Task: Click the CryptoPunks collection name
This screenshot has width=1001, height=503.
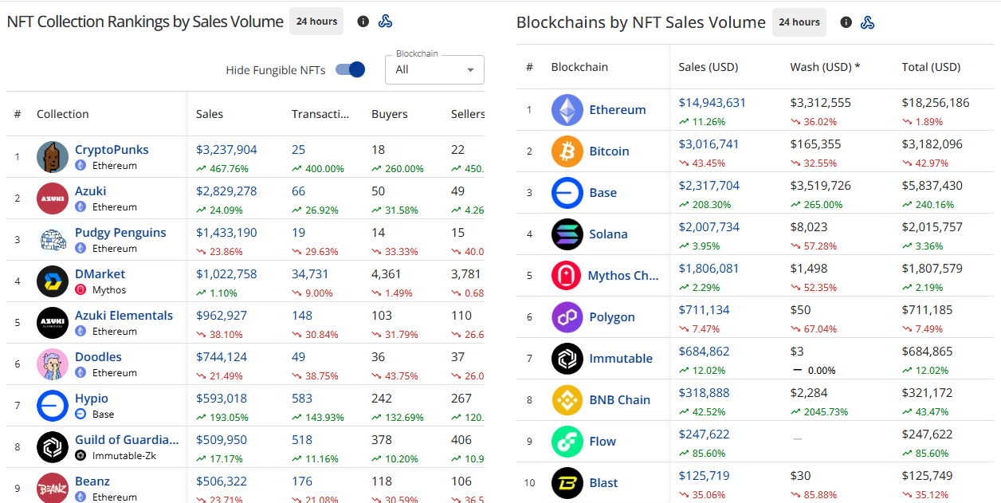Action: tap(112, 150)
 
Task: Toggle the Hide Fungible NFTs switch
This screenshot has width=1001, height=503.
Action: tap(350, 69)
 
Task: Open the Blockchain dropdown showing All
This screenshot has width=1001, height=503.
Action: tap(434, 69)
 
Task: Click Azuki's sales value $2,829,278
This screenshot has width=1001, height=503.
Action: tap(226, 191)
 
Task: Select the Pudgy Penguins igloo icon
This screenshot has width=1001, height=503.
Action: tap(53, 240)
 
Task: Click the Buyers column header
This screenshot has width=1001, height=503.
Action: tap(390, 114)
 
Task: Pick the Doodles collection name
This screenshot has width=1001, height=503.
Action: tap(98, 357)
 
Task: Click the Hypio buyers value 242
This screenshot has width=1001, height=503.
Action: tap(381, 399)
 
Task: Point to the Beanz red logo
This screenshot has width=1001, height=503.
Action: tap(53, 488)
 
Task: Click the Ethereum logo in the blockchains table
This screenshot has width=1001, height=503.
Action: tap(567, 110)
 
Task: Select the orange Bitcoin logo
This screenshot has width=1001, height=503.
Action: tap(567, 151)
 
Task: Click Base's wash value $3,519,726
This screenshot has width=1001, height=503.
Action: tap(820, 185)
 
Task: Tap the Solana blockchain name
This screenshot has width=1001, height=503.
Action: tap(608, 234)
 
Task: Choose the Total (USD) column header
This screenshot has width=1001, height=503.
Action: tap(931, 67)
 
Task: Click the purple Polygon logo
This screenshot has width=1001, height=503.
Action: tap(567, 317)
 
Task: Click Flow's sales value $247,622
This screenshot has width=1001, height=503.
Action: tap(705, 434)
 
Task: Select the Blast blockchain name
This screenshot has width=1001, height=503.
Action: tap(603, 483)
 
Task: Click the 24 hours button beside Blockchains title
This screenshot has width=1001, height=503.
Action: tap(799, 22)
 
